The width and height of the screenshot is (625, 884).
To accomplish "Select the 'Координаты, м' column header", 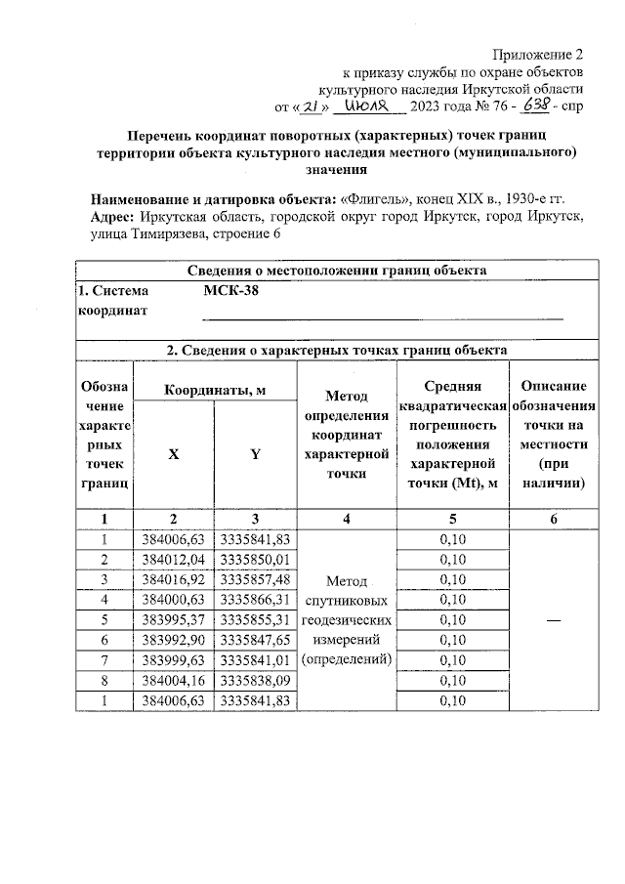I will tap(215, 391).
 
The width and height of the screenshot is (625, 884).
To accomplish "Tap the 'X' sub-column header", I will tap(174, 453).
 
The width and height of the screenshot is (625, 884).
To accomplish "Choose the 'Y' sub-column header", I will tap(255, 453).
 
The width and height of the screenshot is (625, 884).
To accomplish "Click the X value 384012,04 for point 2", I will tap(174, 560).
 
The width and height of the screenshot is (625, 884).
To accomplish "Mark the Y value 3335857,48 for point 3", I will tap(255, 579).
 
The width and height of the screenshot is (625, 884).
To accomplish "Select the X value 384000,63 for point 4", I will tap(174, 600).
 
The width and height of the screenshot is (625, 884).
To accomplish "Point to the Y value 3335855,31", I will tap(255, 620).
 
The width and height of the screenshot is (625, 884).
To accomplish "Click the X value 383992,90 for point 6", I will tap(174, 640).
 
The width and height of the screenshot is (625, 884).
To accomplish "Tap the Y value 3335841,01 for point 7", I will tap(255, 660).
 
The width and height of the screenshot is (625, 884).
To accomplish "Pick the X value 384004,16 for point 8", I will tap(174, 681).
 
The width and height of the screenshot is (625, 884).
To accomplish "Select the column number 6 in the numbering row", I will tap(553, 520).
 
